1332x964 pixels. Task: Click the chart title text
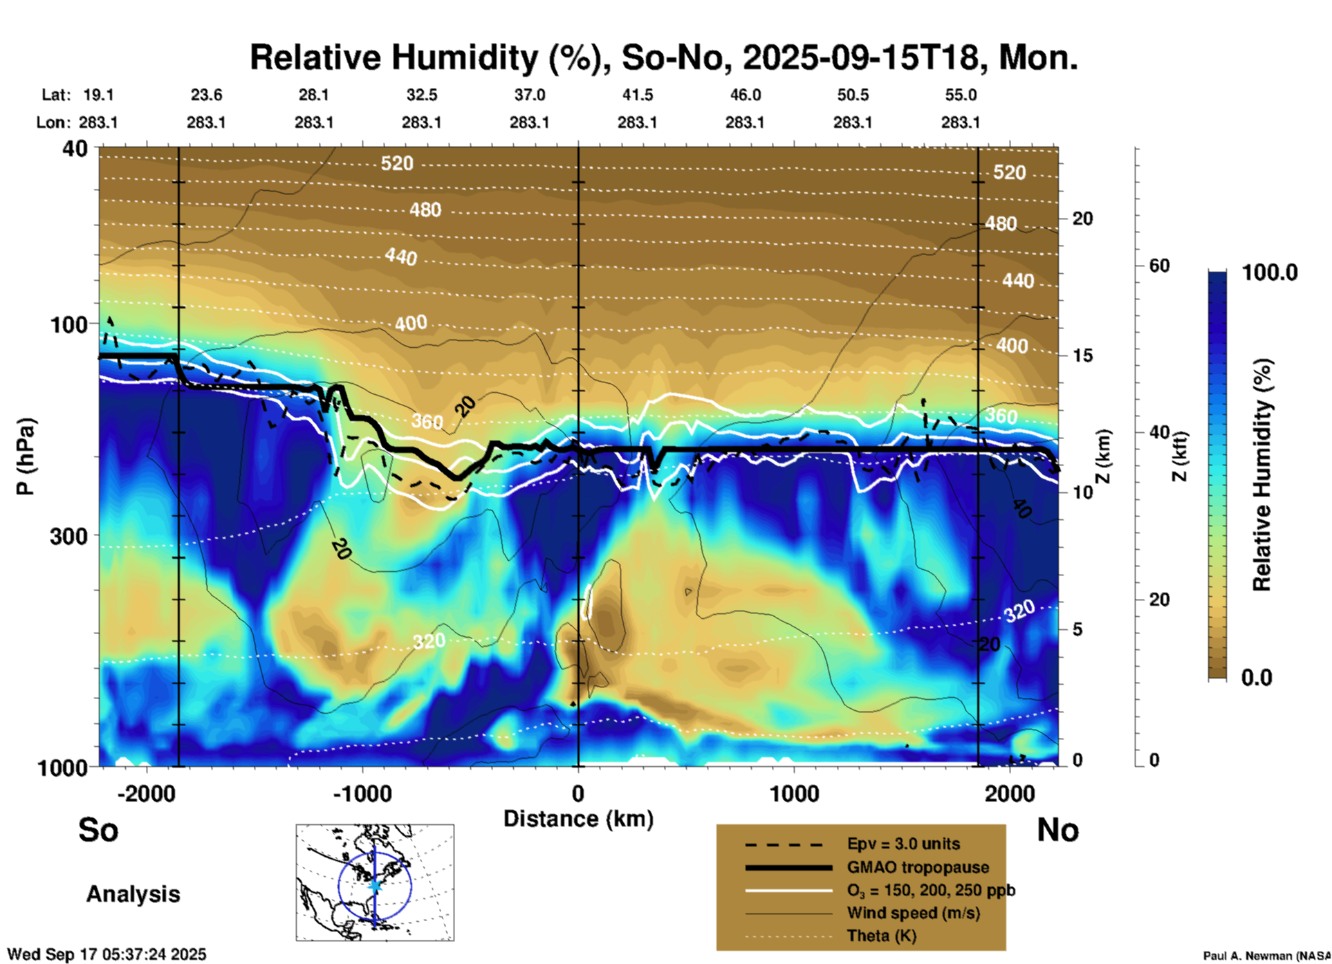(x=663, y=57)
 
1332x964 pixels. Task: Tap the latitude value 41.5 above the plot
(x=637, y=95)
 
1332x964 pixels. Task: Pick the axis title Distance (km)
(x=578, y=819)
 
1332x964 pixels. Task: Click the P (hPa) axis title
(x=26, y=456)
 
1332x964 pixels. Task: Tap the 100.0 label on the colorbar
(x=1270, y=272)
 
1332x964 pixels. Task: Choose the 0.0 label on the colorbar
(x=1257, y=677)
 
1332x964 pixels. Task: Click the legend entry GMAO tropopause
(x=918, y=867)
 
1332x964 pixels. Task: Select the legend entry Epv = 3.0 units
(x=903, y=844)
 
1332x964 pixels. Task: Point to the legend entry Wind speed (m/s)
(x=913, y=913)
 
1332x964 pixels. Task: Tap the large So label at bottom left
(x=98, y=830)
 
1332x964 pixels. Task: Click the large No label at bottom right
(x=1057, y=830)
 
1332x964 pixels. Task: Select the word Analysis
(x=133, y=893)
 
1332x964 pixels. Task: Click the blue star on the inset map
(x=375, y=885)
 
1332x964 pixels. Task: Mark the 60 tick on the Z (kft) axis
(x=1159, y=266)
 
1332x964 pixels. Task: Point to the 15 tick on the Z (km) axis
(x=1082, y=355)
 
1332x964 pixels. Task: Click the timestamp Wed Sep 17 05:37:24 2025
(x=107, y=954)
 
